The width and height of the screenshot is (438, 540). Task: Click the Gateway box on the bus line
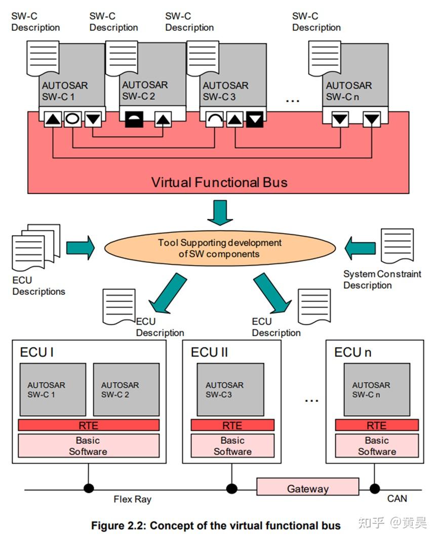[307, 488]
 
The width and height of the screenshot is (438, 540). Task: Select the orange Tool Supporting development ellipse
[219, 248]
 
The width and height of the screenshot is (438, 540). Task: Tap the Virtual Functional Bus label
[219, 182]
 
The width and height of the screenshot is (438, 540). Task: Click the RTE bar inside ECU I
[89, 425]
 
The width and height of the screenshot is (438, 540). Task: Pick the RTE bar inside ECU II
[232, 425]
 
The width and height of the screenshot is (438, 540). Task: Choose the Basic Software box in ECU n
[377, 446]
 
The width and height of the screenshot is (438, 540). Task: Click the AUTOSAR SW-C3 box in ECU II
[230, 389]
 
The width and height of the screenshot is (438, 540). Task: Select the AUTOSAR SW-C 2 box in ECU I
[126, 389]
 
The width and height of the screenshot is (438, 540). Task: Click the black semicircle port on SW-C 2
[134, 120]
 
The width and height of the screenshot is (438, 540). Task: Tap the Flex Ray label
[132, 499]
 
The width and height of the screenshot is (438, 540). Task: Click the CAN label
[397, 499]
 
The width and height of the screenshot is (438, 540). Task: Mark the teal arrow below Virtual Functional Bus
[220, 212]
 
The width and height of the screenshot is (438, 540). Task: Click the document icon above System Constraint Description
[397, 246]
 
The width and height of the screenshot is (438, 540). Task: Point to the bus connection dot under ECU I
[89, 488]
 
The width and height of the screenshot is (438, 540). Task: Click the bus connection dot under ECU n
[375, 488]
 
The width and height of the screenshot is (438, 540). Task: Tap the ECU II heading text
[209, 352]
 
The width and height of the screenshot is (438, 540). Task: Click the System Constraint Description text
[382, 280]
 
